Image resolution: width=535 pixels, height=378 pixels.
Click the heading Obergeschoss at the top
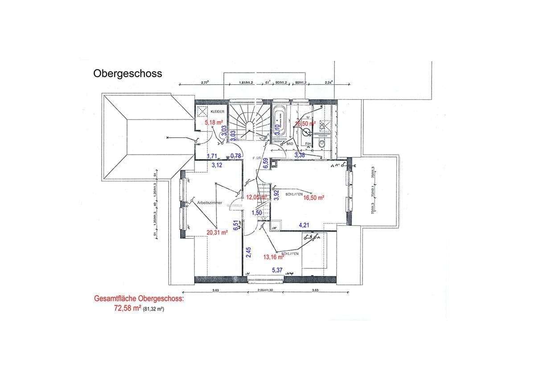128,74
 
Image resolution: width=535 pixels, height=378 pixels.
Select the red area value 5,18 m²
213,122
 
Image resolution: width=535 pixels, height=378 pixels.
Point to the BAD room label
289,144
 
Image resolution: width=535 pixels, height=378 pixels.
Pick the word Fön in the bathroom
308,144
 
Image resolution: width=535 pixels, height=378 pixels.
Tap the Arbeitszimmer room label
210,202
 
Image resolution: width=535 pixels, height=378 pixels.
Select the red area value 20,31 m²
217,232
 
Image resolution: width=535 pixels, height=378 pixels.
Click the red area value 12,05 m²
257,197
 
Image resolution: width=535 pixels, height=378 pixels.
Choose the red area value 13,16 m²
274,257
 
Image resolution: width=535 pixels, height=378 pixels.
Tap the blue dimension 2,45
248,252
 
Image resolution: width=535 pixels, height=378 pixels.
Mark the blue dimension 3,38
300,155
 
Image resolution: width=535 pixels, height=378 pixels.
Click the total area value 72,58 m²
128,308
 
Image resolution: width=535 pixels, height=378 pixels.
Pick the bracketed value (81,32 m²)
153,308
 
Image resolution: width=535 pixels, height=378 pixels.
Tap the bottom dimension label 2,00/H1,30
265,290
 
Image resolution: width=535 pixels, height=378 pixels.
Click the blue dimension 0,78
236,156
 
